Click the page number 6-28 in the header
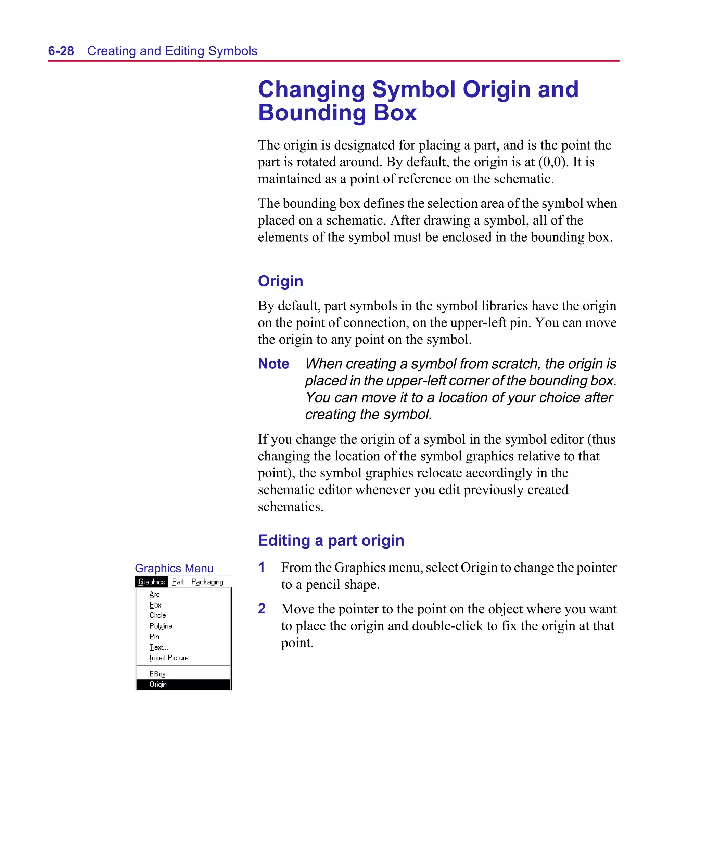(61, 51)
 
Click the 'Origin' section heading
(280, 281)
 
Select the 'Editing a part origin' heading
(331, 540)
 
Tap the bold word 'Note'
(273, 364)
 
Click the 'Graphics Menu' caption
(174, 568)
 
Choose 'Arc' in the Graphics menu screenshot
(154, 594)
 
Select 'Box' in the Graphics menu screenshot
(155, 605)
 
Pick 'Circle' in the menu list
(157, 615)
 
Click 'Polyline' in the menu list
(161, 626)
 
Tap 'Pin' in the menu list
(154, 636)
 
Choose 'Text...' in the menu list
(158, 647)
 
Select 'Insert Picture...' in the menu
(171, 658)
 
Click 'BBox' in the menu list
(157, 674)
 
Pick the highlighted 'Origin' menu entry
(158, 685)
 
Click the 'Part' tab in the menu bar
(178, 582)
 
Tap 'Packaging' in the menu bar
(207, 582)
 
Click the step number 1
(262, 567)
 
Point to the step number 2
(262, 608)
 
